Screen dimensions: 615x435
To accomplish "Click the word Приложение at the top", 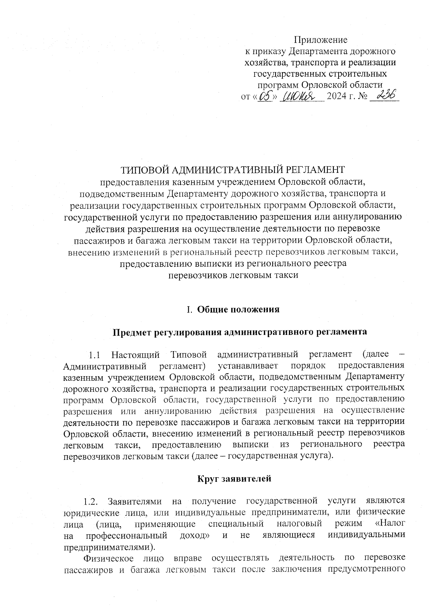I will pos(320,40).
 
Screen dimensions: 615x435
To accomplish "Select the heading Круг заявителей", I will pos(234,479).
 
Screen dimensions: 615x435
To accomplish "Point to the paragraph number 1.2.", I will pos(90,502).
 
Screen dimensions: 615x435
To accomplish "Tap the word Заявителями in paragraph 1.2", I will pos(134,502).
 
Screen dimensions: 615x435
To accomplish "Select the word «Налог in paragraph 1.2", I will pos(390,524).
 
